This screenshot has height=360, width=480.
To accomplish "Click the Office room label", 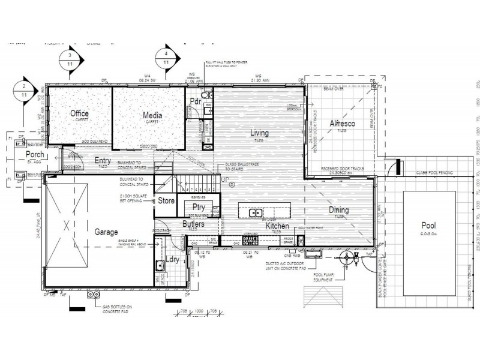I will pos(80,113).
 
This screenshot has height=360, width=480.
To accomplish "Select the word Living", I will pos(259,133).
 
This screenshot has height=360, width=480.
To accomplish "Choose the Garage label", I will pos(106,232).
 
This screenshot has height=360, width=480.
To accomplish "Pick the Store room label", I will pos(166,202).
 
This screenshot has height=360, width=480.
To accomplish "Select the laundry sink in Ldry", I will pos(160,265).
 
